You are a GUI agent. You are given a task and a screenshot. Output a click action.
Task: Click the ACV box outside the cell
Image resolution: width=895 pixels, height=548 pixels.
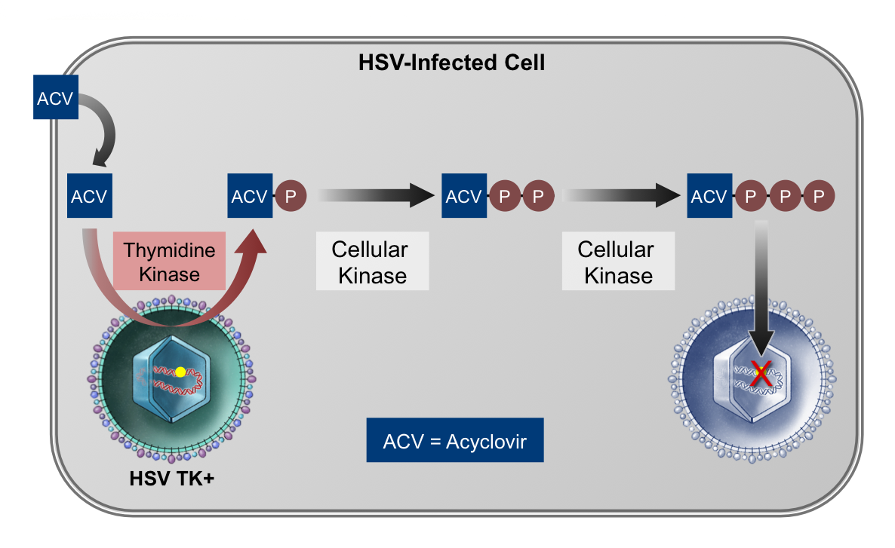55,97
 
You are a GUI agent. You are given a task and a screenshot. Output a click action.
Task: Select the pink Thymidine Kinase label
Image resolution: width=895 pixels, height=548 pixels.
170,261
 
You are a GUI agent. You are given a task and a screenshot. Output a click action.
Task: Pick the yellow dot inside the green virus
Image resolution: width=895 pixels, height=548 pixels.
180,372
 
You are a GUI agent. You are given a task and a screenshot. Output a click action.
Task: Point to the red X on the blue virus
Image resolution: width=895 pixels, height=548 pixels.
761,374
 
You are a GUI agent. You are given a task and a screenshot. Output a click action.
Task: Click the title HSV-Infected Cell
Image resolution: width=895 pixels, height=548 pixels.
451,62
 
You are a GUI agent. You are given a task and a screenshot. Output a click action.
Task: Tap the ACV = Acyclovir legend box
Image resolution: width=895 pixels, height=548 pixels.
455,440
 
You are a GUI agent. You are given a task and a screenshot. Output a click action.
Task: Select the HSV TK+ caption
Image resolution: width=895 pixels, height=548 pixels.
172,478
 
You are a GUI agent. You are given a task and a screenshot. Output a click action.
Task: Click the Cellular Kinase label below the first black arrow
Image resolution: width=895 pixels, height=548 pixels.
372,261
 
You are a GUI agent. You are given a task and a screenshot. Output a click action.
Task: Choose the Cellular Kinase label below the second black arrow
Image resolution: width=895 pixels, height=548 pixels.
618,261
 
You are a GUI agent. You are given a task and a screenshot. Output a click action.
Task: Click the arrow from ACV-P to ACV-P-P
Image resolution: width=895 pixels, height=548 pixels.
376,195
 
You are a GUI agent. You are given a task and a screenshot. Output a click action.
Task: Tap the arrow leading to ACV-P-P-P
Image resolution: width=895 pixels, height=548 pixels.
622,195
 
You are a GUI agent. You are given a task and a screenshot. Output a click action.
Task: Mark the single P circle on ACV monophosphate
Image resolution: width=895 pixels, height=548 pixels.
291,195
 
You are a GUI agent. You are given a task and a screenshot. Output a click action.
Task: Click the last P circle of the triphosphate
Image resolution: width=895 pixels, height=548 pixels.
819,195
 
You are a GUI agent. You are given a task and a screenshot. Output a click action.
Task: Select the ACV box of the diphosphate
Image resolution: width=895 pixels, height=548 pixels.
464,195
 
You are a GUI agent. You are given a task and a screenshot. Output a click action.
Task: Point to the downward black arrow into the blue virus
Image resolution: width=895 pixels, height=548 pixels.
761,288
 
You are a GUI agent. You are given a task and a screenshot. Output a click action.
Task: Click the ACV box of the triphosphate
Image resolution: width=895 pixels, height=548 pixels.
709,195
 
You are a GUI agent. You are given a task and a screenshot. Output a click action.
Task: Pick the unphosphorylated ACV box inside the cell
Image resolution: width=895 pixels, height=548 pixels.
90,195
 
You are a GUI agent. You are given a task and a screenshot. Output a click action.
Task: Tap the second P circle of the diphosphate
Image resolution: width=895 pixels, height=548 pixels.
538,195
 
